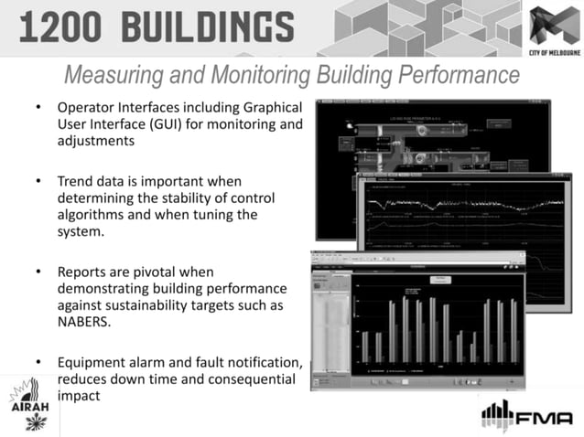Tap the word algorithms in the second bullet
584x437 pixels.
95,215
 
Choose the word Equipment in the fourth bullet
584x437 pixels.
94,362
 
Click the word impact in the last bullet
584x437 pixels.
77,396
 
